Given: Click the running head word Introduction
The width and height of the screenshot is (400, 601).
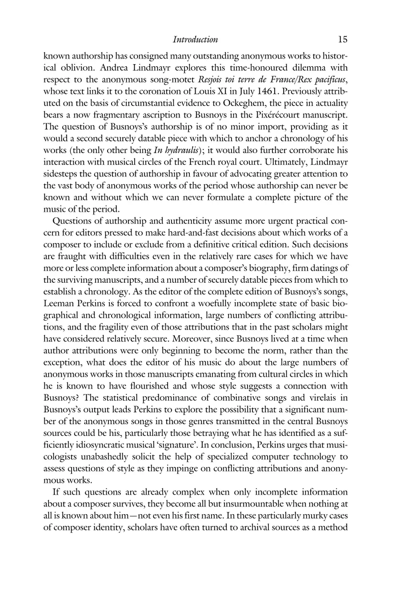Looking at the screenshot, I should click(195, 40).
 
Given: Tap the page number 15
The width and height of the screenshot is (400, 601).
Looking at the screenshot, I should click(342, 40).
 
